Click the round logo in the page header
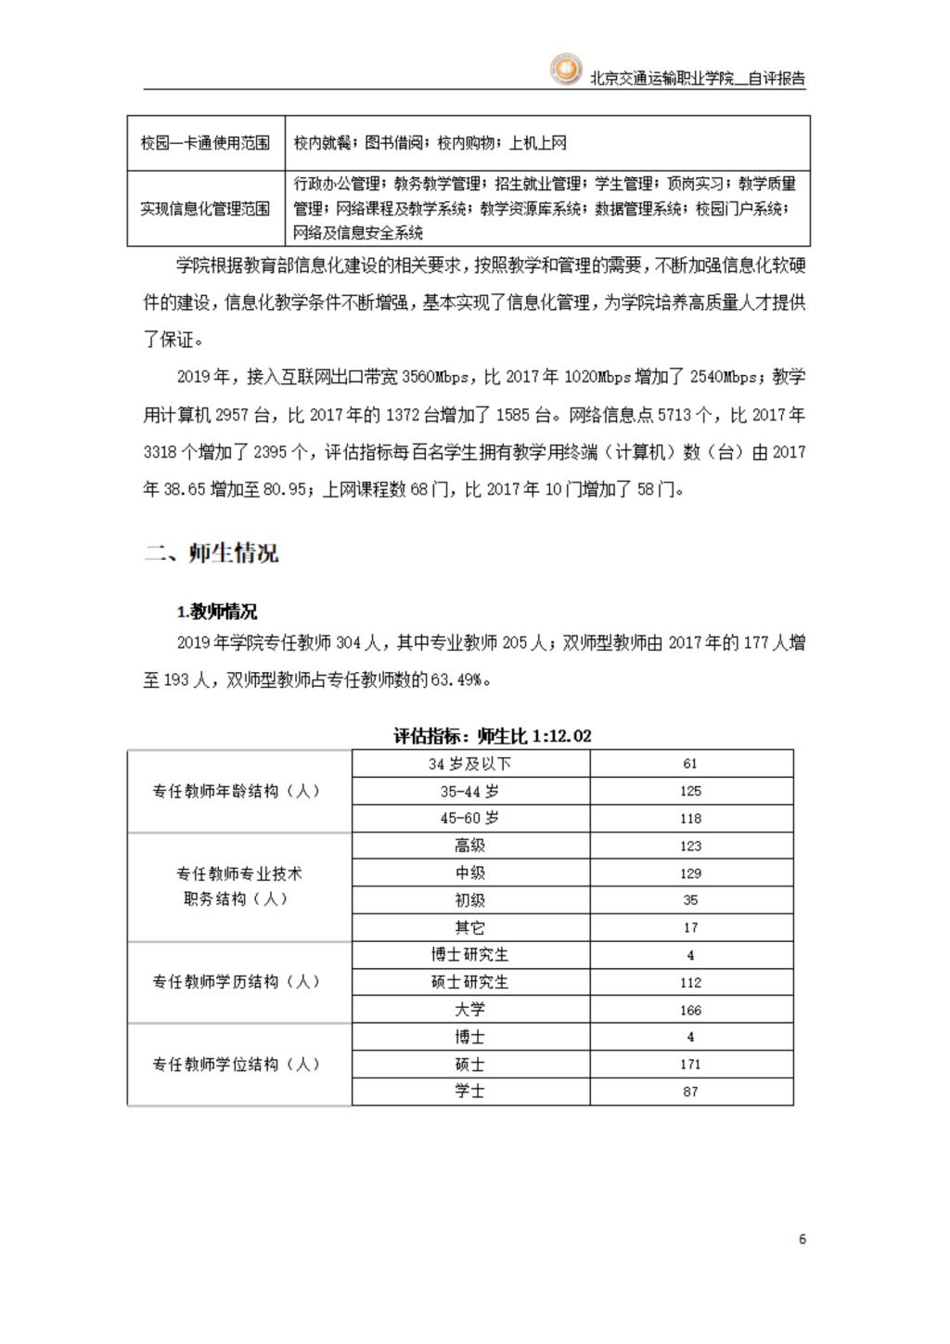pyautogui.click(x=565, y=71)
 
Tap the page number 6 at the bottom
pyautogui.click(x=802, y=1239)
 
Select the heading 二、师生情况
pyautogui.click(x=212, y=554)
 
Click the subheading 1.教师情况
pyautogui.click(x=217, y=612)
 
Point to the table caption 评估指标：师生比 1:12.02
pyautogui.click(x=493, y=736)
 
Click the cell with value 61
pyautogui.click(x=690, y=764)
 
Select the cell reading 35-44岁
pyautogui.click(x=469, y=792)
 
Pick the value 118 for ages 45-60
pyautogui.click(x=690, y=819)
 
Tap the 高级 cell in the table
pyautogui.click(x=469, y=846)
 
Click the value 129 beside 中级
pyautogui.click(x=690, y=873)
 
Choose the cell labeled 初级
pyautogui.click(x=469, y=900)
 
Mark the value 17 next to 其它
pyautogui.click(x=690, y=927)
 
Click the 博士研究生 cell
pyautogui.click(x=469, y=954)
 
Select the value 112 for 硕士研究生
pyautogui.click(x=690, y=982)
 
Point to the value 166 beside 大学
pyautogui.click(x=690, y=1010)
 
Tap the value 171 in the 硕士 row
pyautogui.click(x=690, y=1065)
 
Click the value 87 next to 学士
pyautogui.click(x=690, y=1092)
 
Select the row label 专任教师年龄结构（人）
pyautogui.click(x=237, y=792)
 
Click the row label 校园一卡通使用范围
pyautogui.click(x=205, y=143)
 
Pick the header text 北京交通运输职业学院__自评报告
pyautogui.click(x=698, y=79)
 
